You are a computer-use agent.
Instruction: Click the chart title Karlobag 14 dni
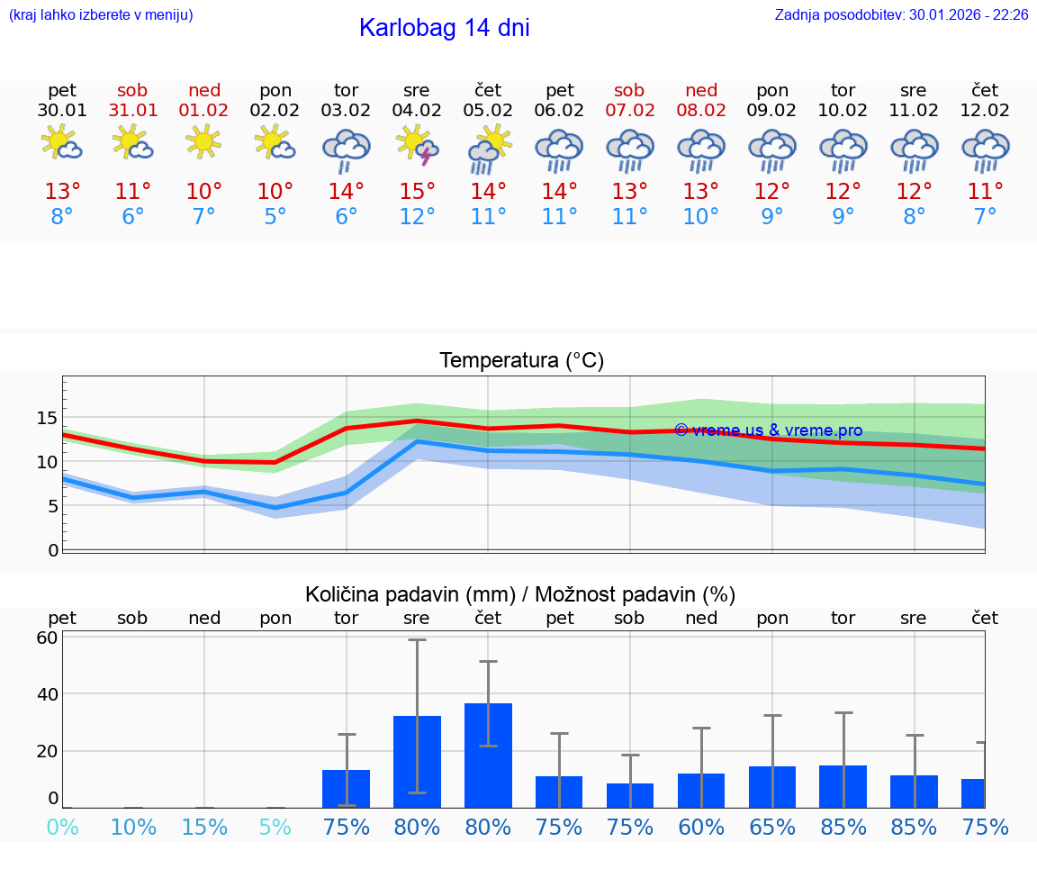point(444,28)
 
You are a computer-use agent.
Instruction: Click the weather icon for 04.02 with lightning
point(417,145)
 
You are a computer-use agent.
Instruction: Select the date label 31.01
point(133,111)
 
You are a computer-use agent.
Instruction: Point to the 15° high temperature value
point(417,192)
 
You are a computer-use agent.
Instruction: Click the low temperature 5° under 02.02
point(275,216)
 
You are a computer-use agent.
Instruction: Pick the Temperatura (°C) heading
point(521,360)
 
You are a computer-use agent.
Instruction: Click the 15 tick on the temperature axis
point(47,418)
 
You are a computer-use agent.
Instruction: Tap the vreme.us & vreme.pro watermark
point(768,430)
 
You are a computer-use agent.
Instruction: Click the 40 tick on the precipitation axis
point(47,694)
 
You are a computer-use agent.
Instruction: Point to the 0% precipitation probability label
point(62,827)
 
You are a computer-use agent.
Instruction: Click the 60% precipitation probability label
point(701,827)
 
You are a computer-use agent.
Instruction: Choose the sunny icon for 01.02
point(204,142)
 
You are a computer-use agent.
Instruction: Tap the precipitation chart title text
point(520,594)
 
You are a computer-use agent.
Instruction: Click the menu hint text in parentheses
point(101,14)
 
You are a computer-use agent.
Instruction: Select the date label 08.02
point(701,111)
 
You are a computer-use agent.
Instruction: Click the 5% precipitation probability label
point(275,827)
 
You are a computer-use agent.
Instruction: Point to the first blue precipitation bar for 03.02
point(346,788)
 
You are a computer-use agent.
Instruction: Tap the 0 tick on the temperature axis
point(52,550)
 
